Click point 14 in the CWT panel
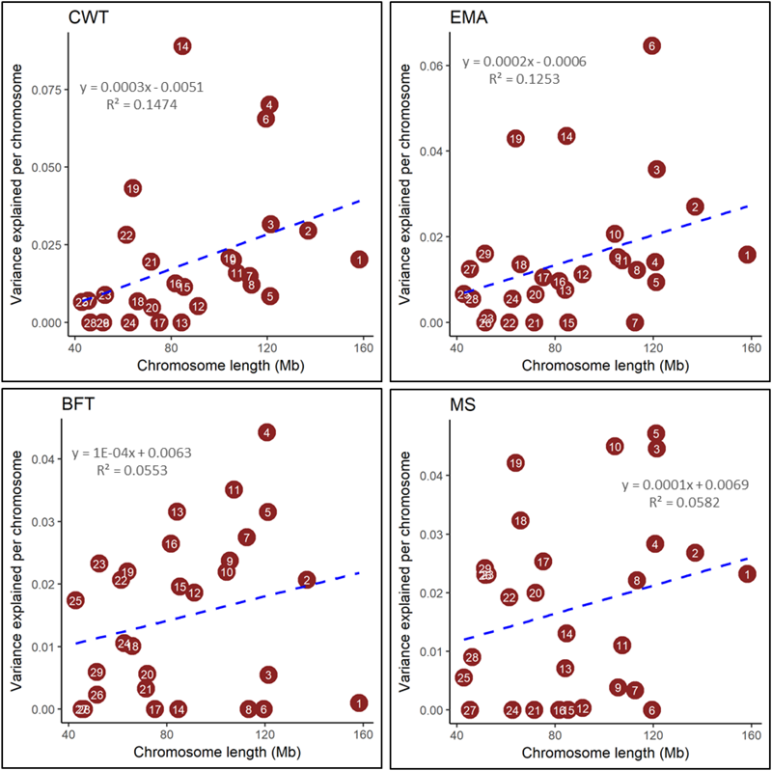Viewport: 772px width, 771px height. (181, 45)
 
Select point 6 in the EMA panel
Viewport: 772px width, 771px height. (651, 45)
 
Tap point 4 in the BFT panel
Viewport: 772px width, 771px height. (266, 432)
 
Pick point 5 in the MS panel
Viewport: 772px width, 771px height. (655, 433)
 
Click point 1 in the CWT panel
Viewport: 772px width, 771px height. (359, 260)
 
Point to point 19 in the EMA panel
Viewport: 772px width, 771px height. (515, 139)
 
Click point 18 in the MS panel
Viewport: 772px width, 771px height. (520, 520)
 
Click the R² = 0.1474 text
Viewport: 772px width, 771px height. (141, 104)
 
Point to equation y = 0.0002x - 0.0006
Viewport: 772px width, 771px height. (524, 62)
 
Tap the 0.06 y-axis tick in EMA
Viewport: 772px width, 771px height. (437, 65)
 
